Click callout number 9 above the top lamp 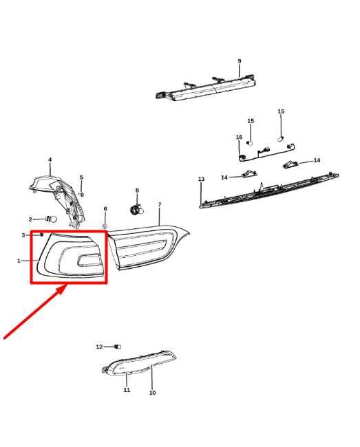pos(239,61)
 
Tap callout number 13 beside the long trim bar pos(201,179)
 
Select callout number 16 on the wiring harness pos(239,138)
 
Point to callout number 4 pos(50,160)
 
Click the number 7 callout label pos(159,205)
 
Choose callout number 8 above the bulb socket pos(136,190)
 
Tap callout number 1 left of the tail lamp pos(19,261)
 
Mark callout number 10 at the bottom pos(152,393)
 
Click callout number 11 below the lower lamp pos(127,390)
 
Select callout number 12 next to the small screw pos(99,347)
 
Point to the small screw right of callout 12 pos(116,347)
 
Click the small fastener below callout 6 pos(105,226)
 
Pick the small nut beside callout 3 pos(42,235)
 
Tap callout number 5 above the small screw pos(81,177)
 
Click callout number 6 pos(105,208)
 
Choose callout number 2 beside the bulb pos(30,219)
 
